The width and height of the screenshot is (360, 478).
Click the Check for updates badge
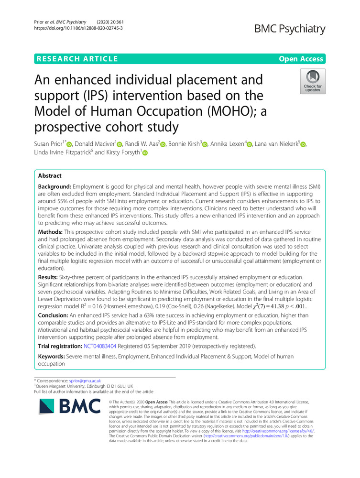point(312,81)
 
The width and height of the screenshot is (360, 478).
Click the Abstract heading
point(52,176)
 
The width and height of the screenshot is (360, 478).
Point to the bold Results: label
point(53,277)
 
